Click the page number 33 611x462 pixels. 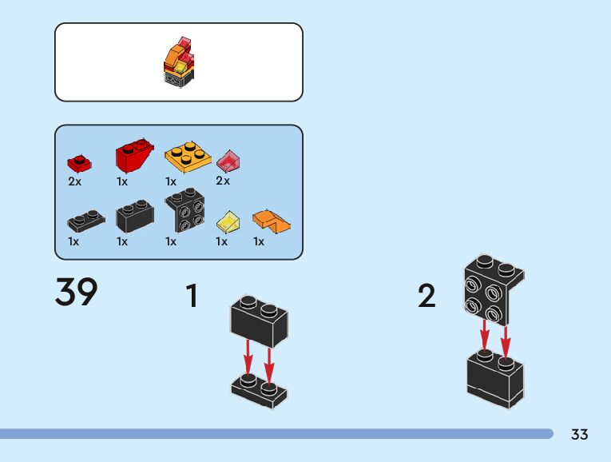click(580, 434)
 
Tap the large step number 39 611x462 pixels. click(77, 293)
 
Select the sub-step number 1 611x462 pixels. click(192, 297)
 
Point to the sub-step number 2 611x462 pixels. click(427, 297)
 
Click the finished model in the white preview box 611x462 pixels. click(180, 62)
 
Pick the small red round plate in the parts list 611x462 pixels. click(79, 163)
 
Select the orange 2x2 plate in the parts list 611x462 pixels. click(187, 157)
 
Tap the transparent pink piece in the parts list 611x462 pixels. click(228, 161)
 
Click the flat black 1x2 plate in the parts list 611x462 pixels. click(85, 219)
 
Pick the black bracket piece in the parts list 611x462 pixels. click(184, 211)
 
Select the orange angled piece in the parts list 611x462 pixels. click(271, 221)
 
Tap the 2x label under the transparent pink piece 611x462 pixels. click(223, 181)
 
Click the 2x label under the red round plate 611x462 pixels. click(74, 181)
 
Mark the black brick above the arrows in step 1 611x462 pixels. click(260, 318)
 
